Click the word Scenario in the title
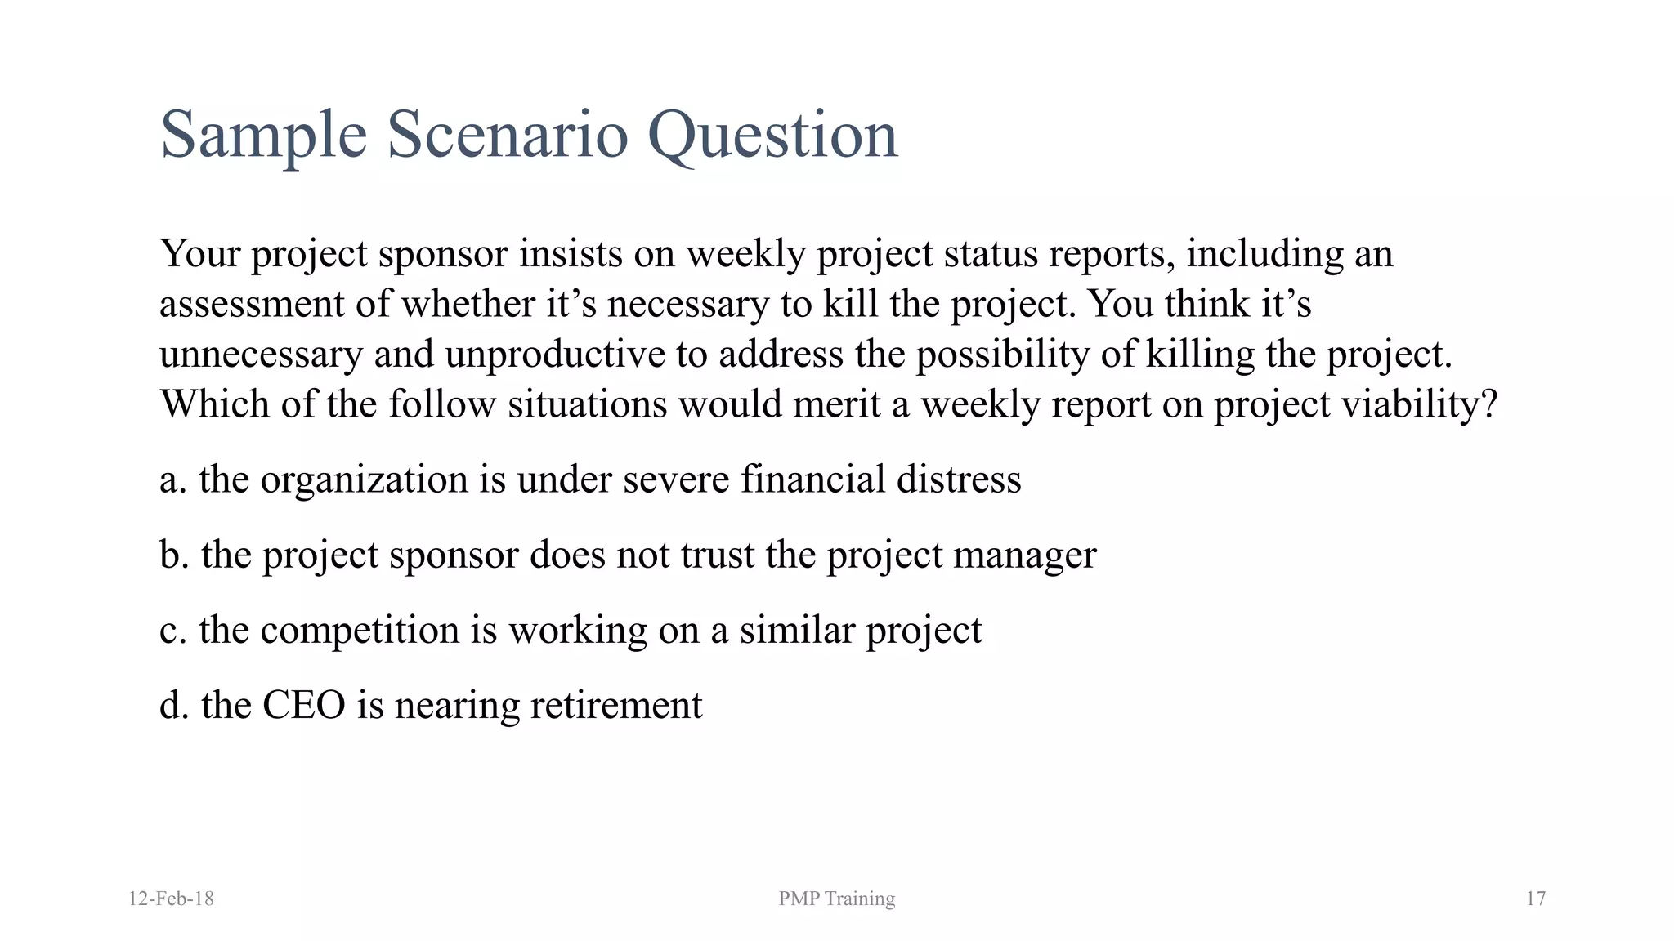pos(507,134)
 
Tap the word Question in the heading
pos(772,136)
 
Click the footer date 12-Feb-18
pos(171,899)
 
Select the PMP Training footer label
pos(836,899)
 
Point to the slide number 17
pos(1535,899)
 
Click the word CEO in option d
pos(303,705)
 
